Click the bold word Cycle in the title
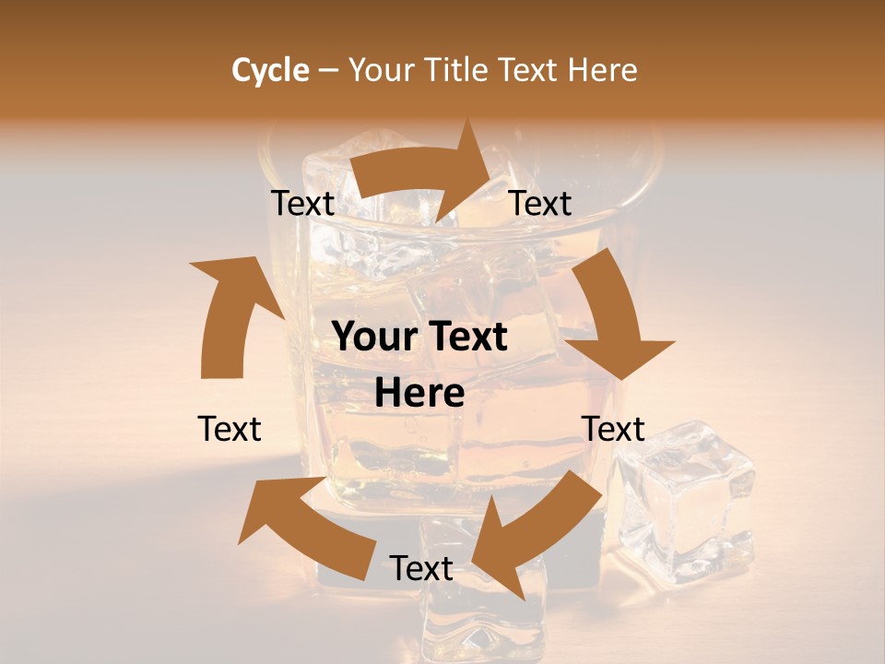pyautogui.click(x=270, y=70)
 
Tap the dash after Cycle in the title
pyautogui.click(x=328, y=70)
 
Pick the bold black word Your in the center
pyautogui.click(x=374, y=337)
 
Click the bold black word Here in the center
pyautogui.click(x=419, y=394)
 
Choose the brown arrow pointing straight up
pyautogui.click(x=230, y=314)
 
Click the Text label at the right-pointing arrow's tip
pyautogui.click(x=540, y=203)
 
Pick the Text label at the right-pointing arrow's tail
pyautogui.click(x=302, y=203)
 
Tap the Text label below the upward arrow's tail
pyautogui.click(x=230, y=429)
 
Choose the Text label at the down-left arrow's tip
pyautogui.click(x=421, y=568)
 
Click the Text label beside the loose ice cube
pyautogui.click(x=613, y=429)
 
